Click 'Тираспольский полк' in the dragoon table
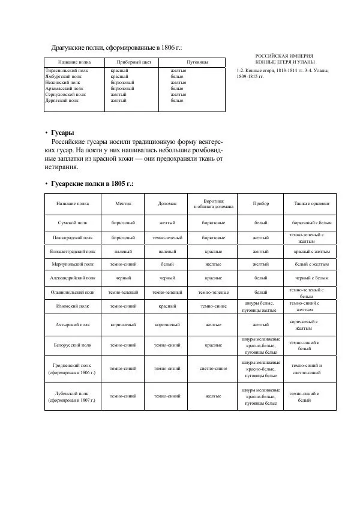click(67, 71)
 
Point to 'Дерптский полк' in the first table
click(62, 101)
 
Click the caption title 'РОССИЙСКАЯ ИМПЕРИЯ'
click(284, 56)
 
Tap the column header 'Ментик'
click(123, 204)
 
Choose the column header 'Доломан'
click(167, 204)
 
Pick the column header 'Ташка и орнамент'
click(311, 204)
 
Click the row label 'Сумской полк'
click(72, 222)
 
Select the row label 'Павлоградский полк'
click(72, 238)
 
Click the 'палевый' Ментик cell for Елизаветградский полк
click(123, 252)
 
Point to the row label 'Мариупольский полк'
click(72, 264)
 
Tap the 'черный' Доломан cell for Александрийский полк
click(167, 278)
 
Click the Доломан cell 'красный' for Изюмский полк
click(167, 306)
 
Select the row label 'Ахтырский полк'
click(72, 325)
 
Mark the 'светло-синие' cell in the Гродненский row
click(214, 369)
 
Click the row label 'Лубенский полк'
click(72, 394)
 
